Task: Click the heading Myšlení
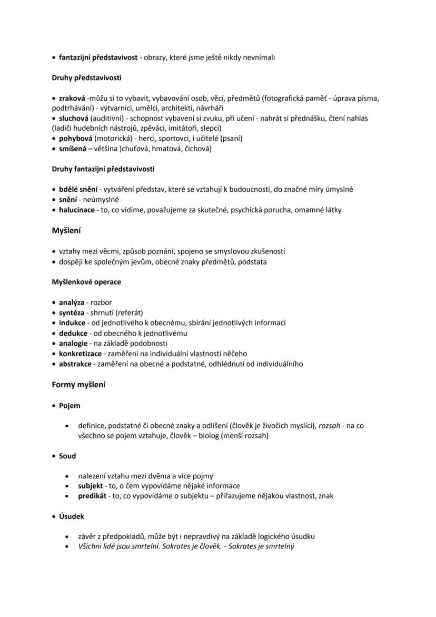pyautogui.click(x=66, y=231)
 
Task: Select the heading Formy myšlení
pyautogui.click(x=78, y=385)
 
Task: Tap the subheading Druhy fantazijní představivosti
pyautogui.click(x=103, y=169)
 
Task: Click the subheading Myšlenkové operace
pyautogui.click(x=86, y=282)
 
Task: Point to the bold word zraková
pyautogui.click(x=72, y=98)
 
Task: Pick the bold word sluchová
pyautogui.click(x=74, y=118)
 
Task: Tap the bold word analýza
pyautogui.click(x=72, y=302)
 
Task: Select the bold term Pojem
pyautogui.click(x=70, y=406)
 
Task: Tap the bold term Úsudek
pyautogui.click(x=72, y=516)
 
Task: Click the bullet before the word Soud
pyautogui.click(x=54, y=456)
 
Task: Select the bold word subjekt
pyautogui.click(x=91, y=486)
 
